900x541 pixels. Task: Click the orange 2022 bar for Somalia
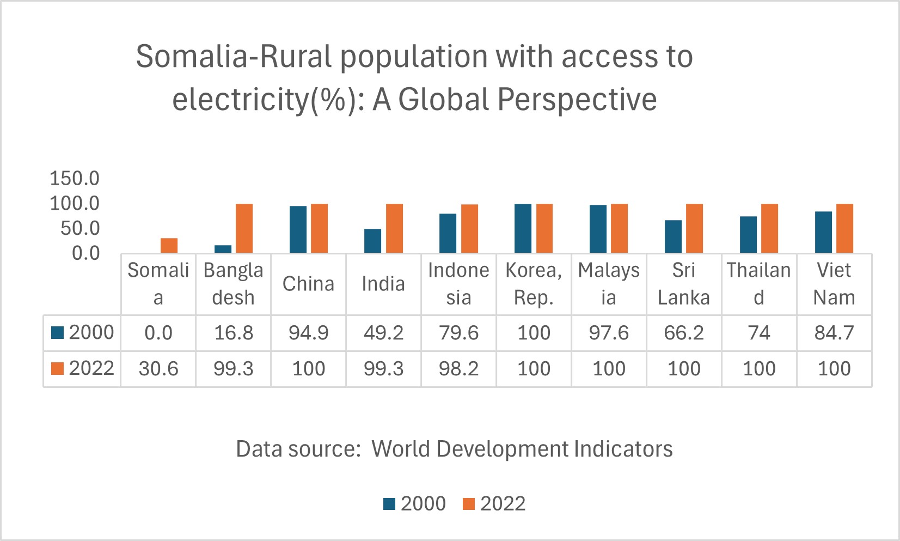click(x=169, y=245)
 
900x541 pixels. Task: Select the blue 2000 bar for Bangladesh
click(x=223, y=249)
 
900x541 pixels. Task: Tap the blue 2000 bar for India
click(x=373, y=241)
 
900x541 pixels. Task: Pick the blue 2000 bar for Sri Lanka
click(x=674, y=236)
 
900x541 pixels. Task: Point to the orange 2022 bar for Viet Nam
click(x=844, y=228)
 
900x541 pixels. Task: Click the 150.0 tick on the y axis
click(x=75, y=178)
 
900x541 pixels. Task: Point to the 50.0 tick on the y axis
click(x=80, y=228)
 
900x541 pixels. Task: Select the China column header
click(x=308, y=284)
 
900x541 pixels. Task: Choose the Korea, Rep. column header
click(x=534, y=284)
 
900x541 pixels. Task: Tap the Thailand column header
click(x=759, y=284)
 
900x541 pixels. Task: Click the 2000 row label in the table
click(x=83, y=332)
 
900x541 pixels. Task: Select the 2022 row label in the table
click(x=83, y=368)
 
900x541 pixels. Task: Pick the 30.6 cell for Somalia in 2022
click(x=158, y=369)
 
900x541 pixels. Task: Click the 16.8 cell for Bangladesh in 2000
click(x=234, y=333)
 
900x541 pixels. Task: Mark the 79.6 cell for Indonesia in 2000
click(x=459, y=333)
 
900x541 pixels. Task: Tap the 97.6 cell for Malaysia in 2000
click(x=609, y=333)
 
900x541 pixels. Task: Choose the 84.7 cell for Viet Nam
click(x=834, y=333)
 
